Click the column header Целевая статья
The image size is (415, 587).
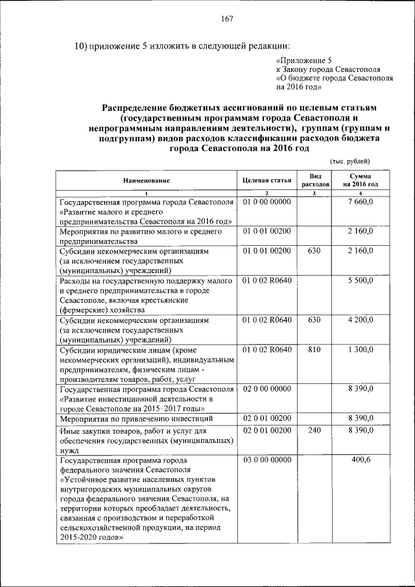click(267, 180)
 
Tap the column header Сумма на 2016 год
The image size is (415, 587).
click(361, 180)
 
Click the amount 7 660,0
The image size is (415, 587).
click(360, 202)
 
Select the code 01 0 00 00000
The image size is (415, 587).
click(267, 202)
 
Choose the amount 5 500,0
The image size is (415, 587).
click(360, 281)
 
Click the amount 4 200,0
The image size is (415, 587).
click(360, 320)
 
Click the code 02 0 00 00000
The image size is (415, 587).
click(267, 389)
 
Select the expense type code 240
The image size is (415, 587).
click(314, 430)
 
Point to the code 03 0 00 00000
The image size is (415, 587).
click(267, 460)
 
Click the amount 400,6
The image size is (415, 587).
click(360, 460)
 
